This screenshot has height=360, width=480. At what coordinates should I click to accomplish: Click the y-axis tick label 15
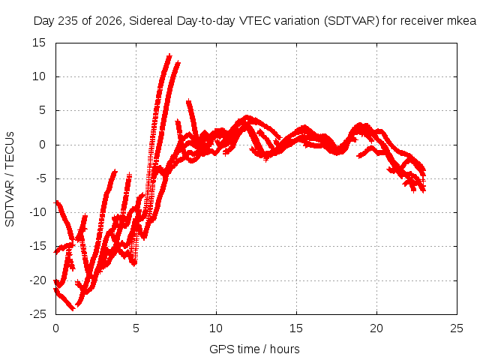pyautogui.click(x=38, y=43)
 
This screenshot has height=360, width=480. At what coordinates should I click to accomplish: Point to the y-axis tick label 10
pyautogui.click(x=38, y=76)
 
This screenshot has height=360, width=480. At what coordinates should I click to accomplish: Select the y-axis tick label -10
pyautogui.click(x=37, y=212)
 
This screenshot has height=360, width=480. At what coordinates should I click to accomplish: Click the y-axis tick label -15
pyautogui.click(x=37, y=246)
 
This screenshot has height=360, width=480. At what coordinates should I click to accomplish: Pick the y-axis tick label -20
pyautogui.click(x=37, y=280)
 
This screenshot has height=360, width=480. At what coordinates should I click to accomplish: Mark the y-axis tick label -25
pyautogui.click(x=37, y=314)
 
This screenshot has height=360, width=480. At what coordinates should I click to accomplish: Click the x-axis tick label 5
pyautogui.click(x=136, y=328)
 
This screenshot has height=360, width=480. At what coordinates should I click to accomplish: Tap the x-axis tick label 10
pyautogui.click(x=216, y=328)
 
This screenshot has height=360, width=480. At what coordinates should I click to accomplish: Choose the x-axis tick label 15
pyautogui.click(x=296, y=328)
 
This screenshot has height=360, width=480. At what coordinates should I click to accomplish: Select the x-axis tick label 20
pyautogui.click(x=376, y=328)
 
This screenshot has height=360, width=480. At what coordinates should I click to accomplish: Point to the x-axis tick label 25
pyautogui.click(x=457, y=328)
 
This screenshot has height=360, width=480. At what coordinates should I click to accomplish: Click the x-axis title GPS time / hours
pyautogui.click(x=254, y=349)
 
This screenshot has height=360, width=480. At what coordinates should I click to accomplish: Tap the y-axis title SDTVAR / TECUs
pyautogui.click(x=10, y=179)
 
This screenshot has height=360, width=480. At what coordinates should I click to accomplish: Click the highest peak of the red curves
pyautogui.click(x=169, y=55)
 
